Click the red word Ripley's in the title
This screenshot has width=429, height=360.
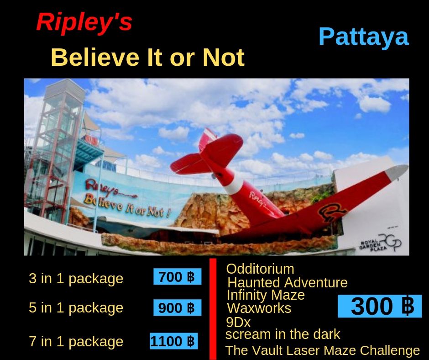tap(84, 22)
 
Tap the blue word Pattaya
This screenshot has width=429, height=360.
tap(364, 37)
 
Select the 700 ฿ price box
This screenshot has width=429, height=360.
tap(177, 277)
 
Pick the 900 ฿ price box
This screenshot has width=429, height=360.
tap(177, 307)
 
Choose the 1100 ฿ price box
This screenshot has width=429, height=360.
tap(174, 341)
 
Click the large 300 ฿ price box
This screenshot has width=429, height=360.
tap(380, 306)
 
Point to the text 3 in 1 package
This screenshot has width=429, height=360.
tap(76, 279)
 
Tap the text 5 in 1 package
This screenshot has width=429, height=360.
tap(76, 307)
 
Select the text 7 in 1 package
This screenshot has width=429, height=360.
tap(76, 342)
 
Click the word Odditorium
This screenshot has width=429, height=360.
tap(260, 269)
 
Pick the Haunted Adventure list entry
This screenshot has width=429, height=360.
tap(288, 282)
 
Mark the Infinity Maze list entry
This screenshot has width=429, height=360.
tap(266, 295)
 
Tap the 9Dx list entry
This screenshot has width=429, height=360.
tap(238, 323)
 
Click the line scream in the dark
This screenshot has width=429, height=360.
tap(283, 334)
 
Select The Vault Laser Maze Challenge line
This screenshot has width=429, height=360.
tap(323, 350)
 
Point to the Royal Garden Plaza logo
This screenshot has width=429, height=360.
tap(381, 243)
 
